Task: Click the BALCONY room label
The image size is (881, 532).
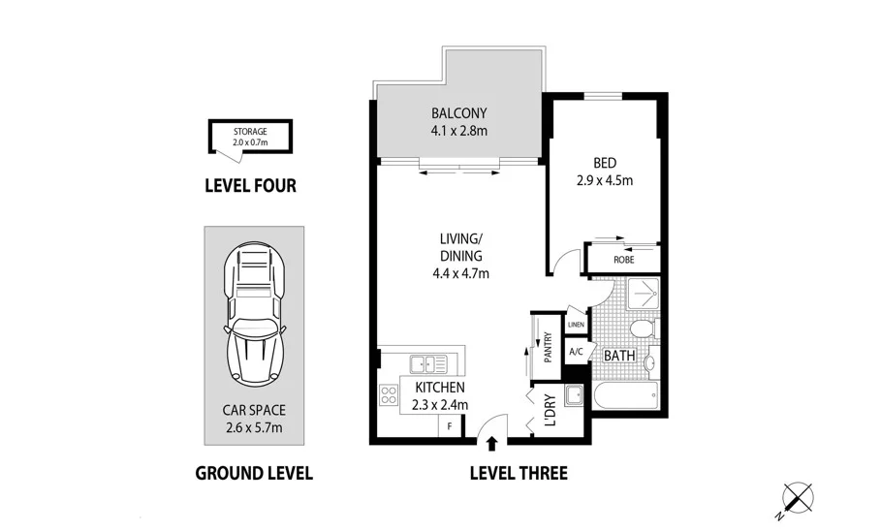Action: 459,111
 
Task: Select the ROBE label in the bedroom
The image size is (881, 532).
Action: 623,260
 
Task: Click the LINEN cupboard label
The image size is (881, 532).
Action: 577,325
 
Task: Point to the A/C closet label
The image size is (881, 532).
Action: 576,352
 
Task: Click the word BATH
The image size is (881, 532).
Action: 619,356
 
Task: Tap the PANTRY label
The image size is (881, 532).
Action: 548,346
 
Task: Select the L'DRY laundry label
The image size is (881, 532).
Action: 549,410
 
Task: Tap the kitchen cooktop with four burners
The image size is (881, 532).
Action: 388,395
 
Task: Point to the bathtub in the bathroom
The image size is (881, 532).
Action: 624,395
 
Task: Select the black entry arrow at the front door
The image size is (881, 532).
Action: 492,445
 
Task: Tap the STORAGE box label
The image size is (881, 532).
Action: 250,132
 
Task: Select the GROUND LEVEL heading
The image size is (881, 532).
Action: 254,473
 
